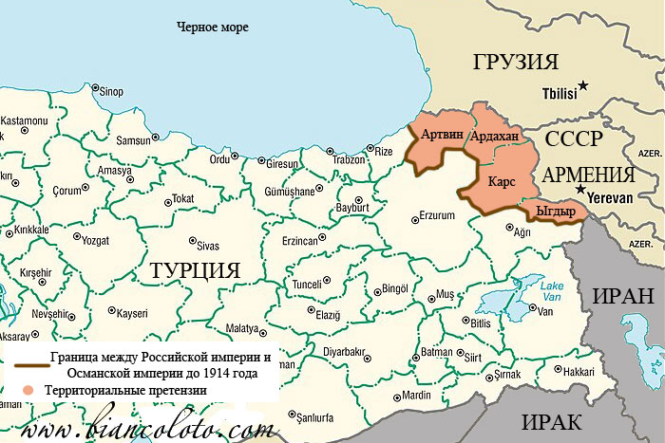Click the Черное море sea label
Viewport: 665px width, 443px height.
coord(213,28)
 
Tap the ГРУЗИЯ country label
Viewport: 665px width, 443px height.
coord(516,64)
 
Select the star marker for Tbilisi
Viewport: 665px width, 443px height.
coord(584,86)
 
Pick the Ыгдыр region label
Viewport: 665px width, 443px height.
coord(556,211)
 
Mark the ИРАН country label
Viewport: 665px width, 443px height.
coord(623,294)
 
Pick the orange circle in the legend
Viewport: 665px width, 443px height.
coord(31,390)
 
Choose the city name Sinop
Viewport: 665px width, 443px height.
coord(112,91)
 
